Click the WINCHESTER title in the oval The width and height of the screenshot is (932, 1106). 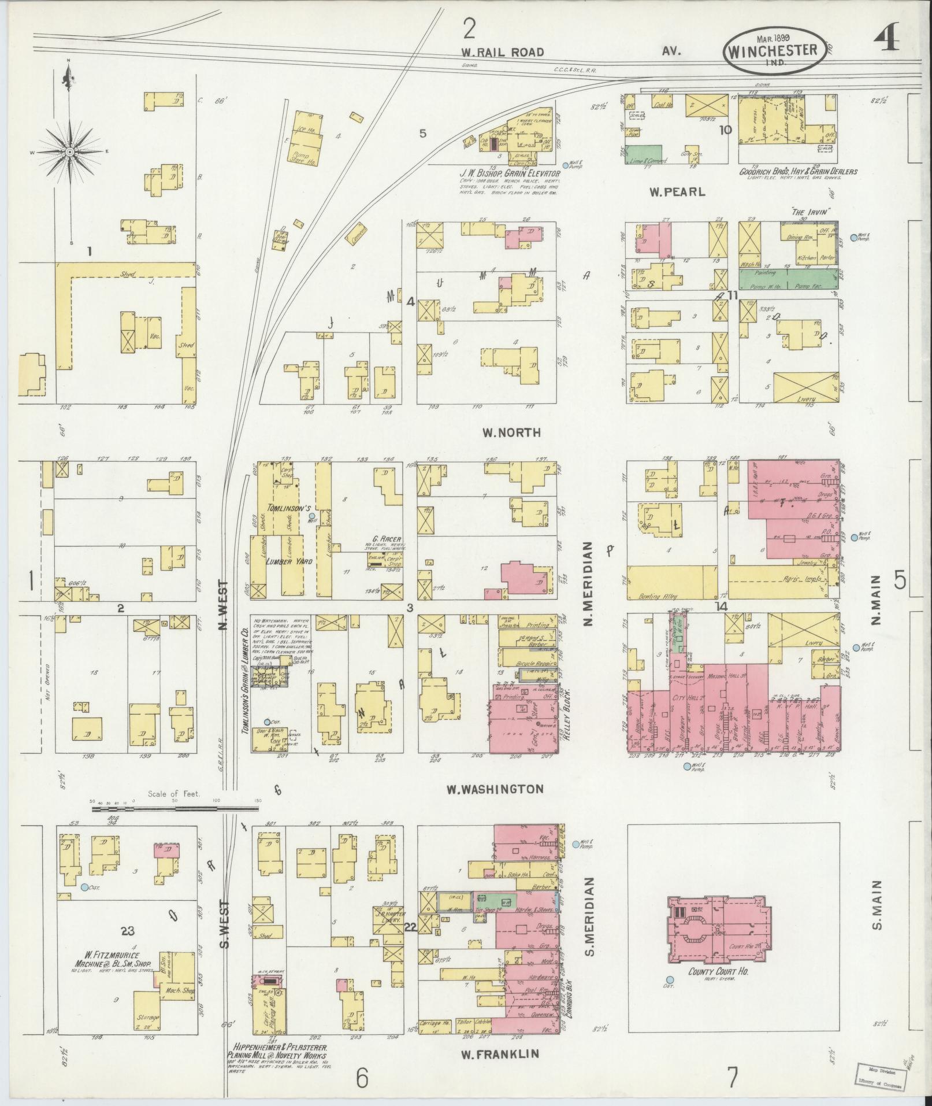771,50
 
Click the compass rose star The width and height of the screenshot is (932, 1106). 69,152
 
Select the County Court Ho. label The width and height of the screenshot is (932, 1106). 718,972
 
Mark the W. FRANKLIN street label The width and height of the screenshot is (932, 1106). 499,1053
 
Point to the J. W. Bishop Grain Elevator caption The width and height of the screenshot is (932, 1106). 510,173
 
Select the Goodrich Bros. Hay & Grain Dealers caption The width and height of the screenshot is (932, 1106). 798,172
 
